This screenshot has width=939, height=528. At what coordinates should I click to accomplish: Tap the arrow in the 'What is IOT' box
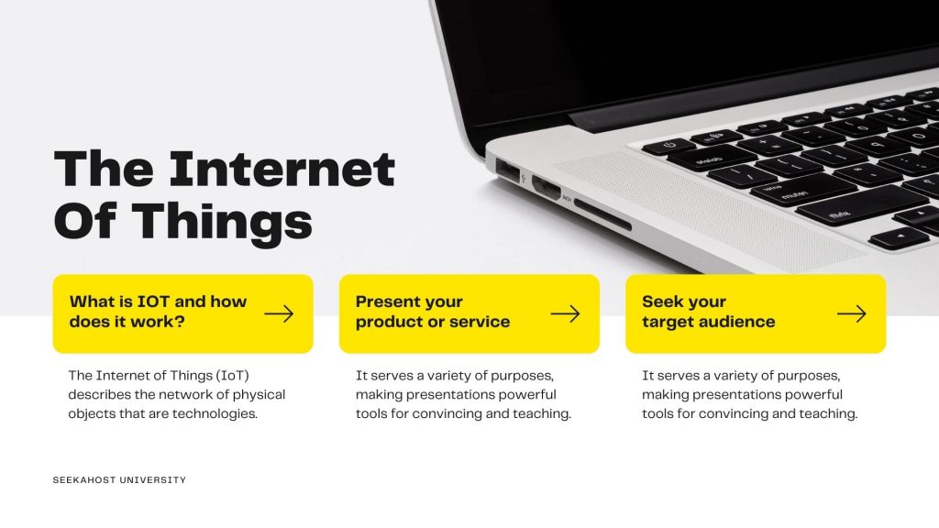[x=279, y=313]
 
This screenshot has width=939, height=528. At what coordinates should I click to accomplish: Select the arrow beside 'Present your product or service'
[x=565, y=313]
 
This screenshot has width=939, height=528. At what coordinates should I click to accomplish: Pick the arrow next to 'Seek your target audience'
[x=851, y=313]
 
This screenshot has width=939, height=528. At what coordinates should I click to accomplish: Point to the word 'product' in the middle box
[x=392, y=322]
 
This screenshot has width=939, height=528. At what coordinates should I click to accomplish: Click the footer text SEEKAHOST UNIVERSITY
[x=119, y=480]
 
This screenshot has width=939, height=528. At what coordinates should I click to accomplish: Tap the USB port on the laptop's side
[x=506, y=170]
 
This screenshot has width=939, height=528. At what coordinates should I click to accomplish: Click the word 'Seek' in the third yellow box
[x=660, y=302]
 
